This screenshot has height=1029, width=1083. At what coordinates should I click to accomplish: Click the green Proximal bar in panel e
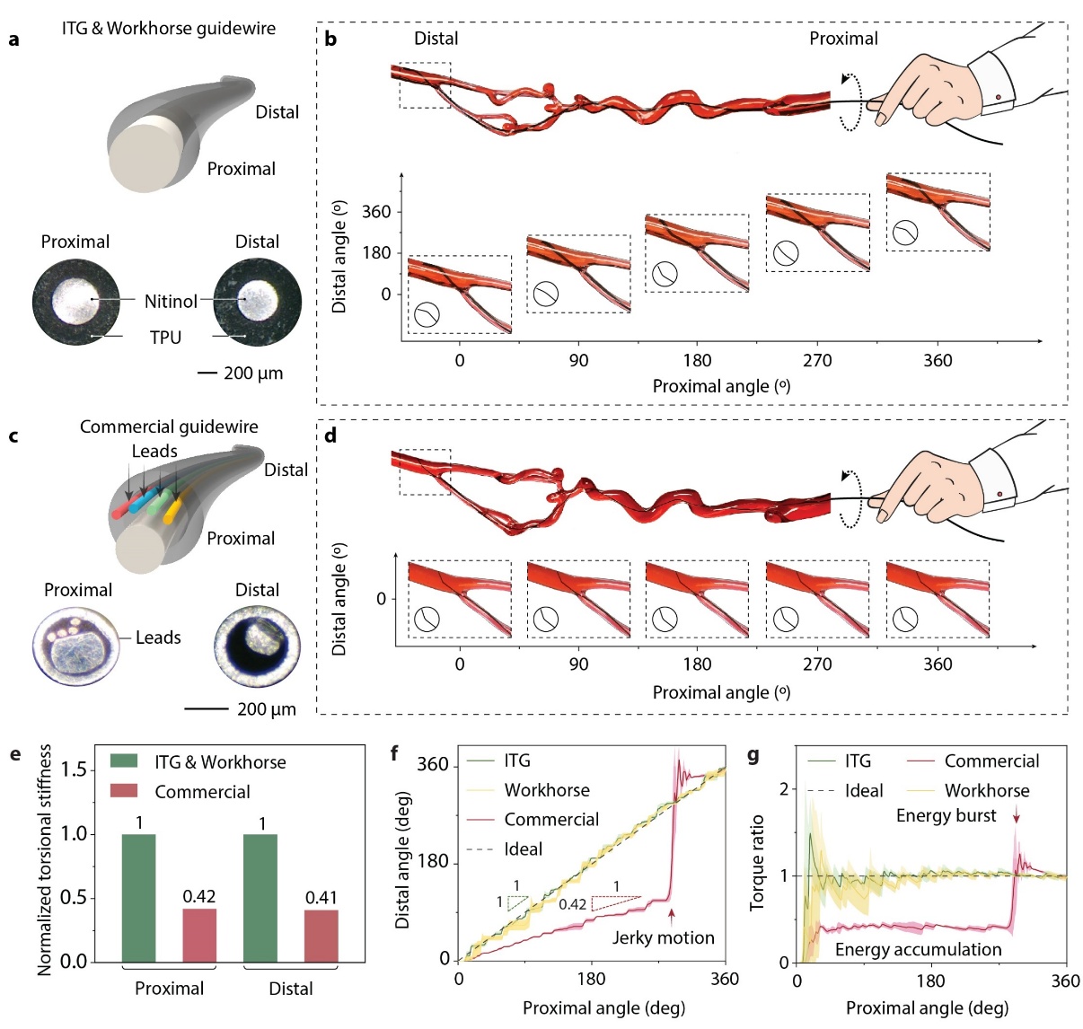click(137, 897)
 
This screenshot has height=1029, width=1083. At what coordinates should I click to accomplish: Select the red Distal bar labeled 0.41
click(321, 935)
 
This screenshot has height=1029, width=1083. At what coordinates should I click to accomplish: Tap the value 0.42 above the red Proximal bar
click(199, 896)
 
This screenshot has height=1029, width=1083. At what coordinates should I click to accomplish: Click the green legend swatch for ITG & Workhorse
click(124, 761)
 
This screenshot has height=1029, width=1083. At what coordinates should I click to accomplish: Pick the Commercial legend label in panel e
click(202, 792)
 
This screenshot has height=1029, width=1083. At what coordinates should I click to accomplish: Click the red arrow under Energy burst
click(1017, 814)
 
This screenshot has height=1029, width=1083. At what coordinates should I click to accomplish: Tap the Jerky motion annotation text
click(664, 937)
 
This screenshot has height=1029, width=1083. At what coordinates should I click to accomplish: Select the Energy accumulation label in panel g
click(918, 949)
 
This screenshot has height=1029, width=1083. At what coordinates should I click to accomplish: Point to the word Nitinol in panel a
click(171, 301)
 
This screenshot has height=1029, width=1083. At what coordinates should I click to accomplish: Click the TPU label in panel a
click(165, 338)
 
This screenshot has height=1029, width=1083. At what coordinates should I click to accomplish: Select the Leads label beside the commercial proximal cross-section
click(158, 638)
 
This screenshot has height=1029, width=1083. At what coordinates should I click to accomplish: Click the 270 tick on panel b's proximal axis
click(817, 360)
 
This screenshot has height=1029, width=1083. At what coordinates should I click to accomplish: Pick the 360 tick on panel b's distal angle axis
click(376, 212)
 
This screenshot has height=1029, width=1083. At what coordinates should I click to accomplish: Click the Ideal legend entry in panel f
click(523, 849)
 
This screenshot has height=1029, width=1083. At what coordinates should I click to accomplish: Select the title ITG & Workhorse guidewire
click(169, 29)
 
